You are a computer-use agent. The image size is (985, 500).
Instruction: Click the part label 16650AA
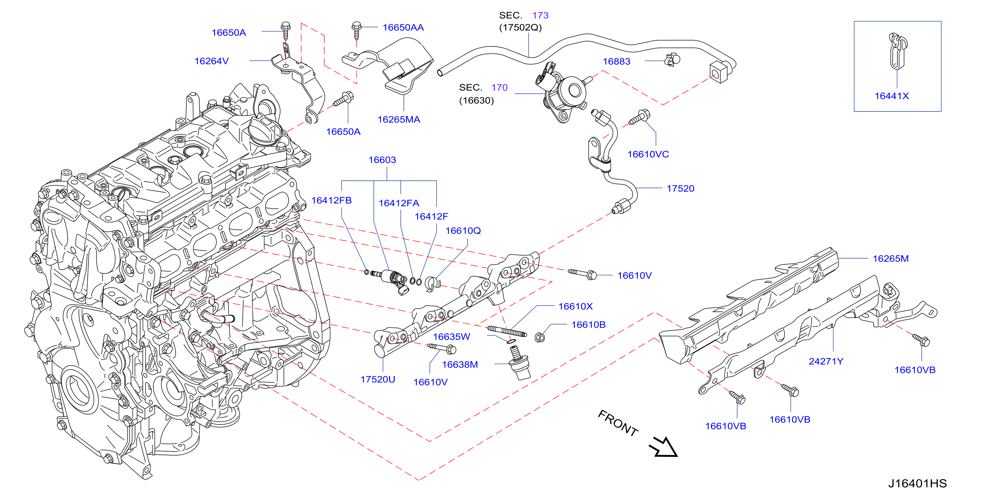403,28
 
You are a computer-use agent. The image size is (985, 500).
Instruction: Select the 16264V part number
211,61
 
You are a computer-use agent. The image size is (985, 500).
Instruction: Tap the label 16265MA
399,120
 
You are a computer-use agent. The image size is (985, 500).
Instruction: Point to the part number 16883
617,62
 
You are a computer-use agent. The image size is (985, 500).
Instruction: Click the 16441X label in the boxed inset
892,96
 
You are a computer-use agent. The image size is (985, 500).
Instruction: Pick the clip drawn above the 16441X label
897,51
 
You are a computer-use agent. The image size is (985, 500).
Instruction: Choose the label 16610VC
648,154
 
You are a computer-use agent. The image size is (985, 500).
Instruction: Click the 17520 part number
680,188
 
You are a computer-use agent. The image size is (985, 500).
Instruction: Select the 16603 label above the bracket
382,160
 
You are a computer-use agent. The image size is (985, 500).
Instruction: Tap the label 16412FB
331,201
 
